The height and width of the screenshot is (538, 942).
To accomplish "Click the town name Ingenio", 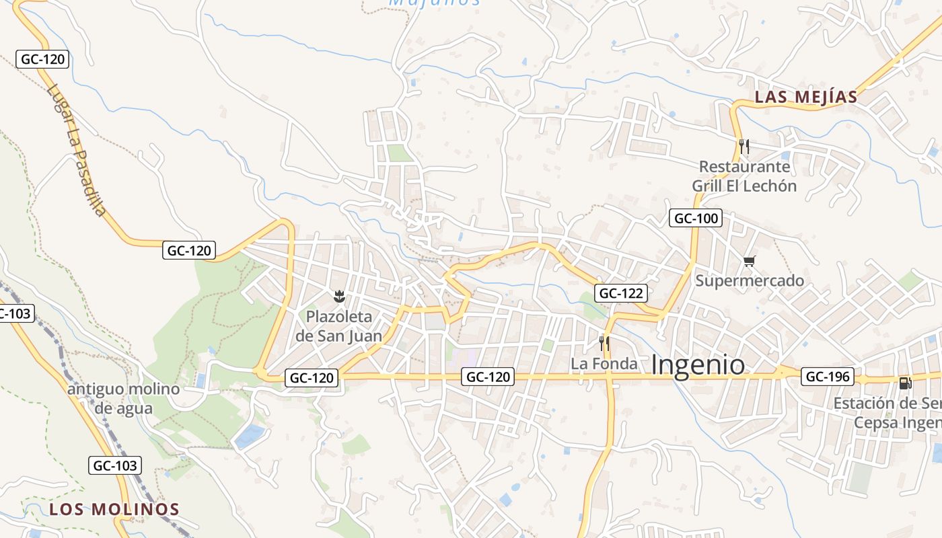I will click(698, 365).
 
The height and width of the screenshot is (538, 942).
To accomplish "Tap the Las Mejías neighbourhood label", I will click(806, 97).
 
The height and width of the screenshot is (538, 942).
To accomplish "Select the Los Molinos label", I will click(114, 509).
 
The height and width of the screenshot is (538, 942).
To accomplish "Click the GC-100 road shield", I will click(696, 218).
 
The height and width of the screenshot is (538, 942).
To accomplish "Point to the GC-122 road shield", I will click(621, 293).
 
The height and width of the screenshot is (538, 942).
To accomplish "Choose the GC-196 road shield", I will click(828, 377).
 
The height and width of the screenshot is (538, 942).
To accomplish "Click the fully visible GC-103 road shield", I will click(114, 465).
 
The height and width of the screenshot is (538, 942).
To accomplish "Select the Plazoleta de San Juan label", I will click(339, 326).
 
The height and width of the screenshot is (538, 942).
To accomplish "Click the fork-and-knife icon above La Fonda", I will click(604, 344).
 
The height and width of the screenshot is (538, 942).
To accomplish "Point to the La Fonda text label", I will click(604, 364).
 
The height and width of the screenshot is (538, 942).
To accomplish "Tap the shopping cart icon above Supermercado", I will click(750, 261).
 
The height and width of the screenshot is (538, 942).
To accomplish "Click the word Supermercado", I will click(750, 280).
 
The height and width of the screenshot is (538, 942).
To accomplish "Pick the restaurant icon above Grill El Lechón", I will click(744, 146).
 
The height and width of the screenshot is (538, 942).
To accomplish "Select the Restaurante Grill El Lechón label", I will click(744, 176).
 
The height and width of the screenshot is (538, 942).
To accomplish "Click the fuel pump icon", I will click(906, 383).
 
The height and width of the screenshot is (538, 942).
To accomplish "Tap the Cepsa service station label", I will click(888, 413).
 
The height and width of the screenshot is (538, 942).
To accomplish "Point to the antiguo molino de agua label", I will click(123, 398).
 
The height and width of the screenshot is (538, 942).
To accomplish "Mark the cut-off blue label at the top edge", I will click(435, 3).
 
